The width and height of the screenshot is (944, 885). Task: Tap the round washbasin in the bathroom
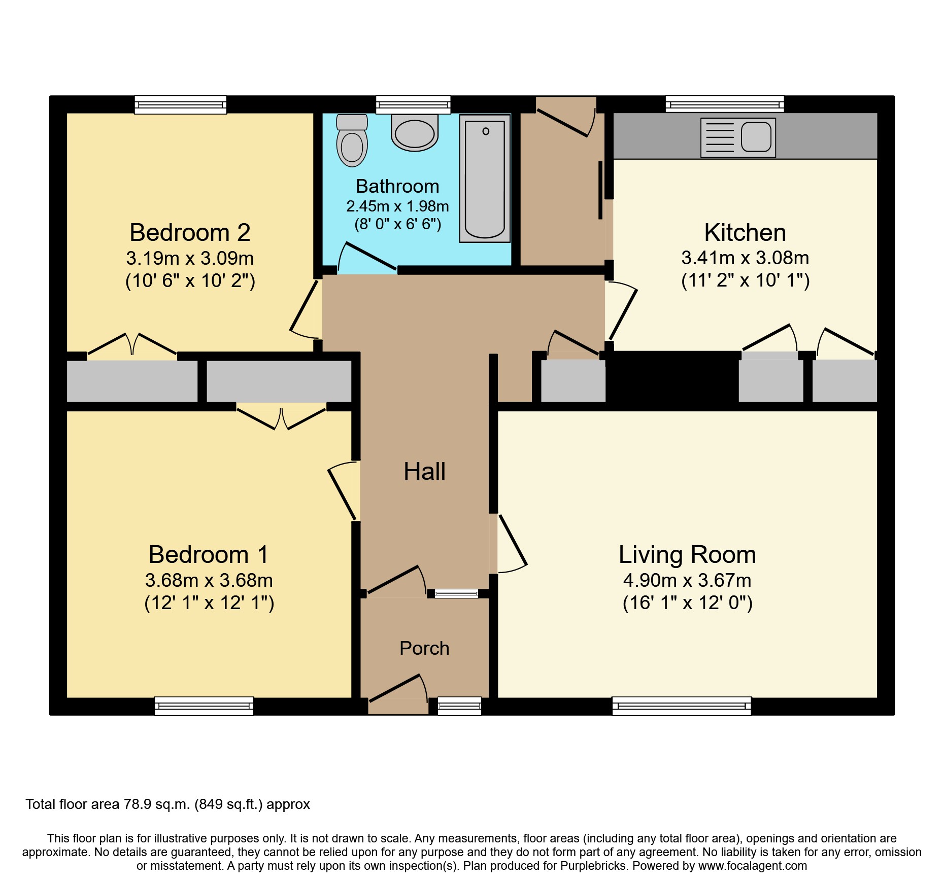coord(415,133)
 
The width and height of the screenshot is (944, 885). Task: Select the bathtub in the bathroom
coord(485,179)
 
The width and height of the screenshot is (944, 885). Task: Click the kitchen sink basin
coord(756,137)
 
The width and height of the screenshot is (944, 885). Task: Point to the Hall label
coord(424,472)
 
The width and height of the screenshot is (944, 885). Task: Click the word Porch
coord(424,648)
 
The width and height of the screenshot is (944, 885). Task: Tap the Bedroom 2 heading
coord(190,233)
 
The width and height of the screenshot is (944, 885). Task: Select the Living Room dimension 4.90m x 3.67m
coord(687,580)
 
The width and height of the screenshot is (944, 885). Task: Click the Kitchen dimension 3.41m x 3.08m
coord(745,258)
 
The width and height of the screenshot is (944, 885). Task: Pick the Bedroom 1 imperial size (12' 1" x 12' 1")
coord(209,603)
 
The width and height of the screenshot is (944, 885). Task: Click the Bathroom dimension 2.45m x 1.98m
coord(397,206)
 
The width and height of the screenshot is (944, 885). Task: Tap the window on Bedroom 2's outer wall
coord(180,105)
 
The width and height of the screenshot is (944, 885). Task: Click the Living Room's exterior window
coord(681,706)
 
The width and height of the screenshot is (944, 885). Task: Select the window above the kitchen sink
coord(725,104)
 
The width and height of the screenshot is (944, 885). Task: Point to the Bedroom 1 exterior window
coord(204,706)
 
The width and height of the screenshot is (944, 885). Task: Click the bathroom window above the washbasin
coord(413,104)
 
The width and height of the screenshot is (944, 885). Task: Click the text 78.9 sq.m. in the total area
coord(157,804)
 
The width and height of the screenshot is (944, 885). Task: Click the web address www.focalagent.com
coord(753,866)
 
